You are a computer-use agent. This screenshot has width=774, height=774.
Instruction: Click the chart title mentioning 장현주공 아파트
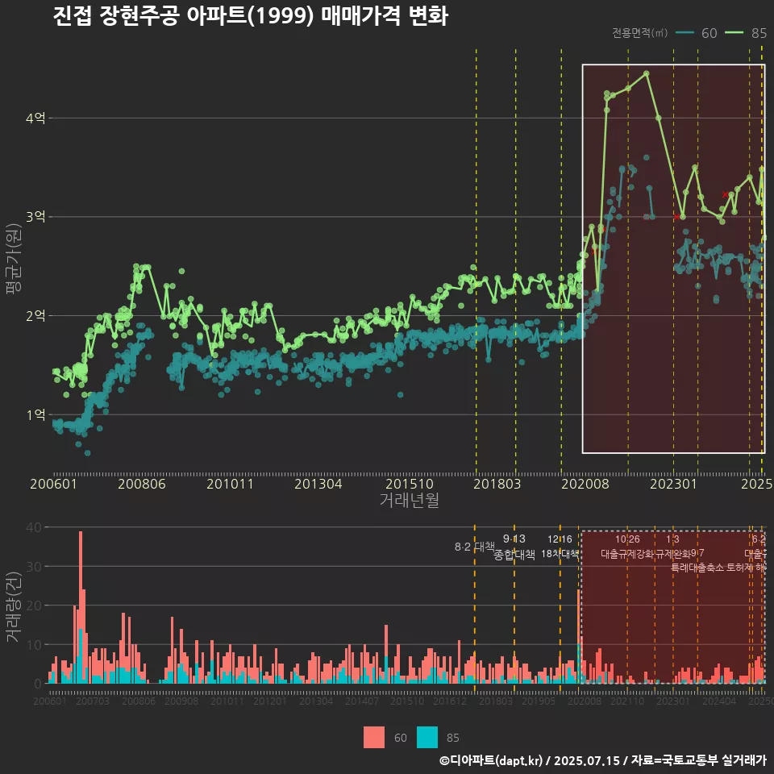(x=250, y=17)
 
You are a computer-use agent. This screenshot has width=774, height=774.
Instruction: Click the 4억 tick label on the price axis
(x=35, y=119)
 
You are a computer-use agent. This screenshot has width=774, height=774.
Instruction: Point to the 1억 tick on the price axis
(x=35, y=414)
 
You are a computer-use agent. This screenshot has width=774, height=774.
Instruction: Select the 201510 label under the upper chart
(x=406, y=485)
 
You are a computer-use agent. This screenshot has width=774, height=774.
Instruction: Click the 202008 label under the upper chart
(x=583, y=485)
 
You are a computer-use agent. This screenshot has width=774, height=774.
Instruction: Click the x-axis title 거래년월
(x=409, y=501)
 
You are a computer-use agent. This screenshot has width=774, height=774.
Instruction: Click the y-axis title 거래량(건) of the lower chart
(x=14, y=606)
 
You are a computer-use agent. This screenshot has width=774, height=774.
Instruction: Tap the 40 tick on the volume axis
(x=35, y=527)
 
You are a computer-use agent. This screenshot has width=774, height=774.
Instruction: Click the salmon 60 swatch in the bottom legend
(x=374, y=737)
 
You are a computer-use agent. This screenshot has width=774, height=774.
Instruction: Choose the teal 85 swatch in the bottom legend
(x=427, y=737)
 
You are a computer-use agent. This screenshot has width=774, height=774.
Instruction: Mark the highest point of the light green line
(x=646, y=73)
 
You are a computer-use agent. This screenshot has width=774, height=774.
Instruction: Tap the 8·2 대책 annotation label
(x=475, y=547)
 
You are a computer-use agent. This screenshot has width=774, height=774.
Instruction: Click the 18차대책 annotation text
(x=560, y=554)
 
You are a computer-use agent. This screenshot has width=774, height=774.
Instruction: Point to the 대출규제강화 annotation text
(x=628, y=554)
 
